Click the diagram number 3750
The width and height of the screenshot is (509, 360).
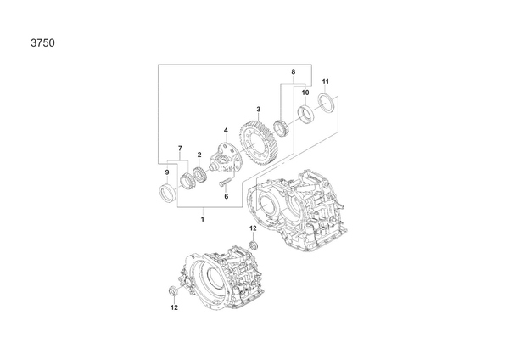(43, 43)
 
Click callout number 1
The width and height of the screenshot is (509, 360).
(203, 219)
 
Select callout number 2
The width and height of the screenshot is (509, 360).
(199, 155)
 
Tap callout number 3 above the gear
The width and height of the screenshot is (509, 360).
(259, 110)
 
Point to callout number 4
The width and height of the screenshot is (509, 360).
(226, 131)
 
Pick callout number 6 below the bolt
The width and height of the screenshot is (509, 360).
(227, 196)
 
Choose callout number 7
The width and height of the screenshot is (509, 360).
(180, 149)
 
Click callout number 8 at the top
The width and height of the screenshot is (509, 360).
(294, 71)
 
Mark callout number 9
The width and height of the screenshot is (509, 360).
(167, 172)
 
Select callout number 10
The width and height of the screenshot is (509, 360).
(305, 93)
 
